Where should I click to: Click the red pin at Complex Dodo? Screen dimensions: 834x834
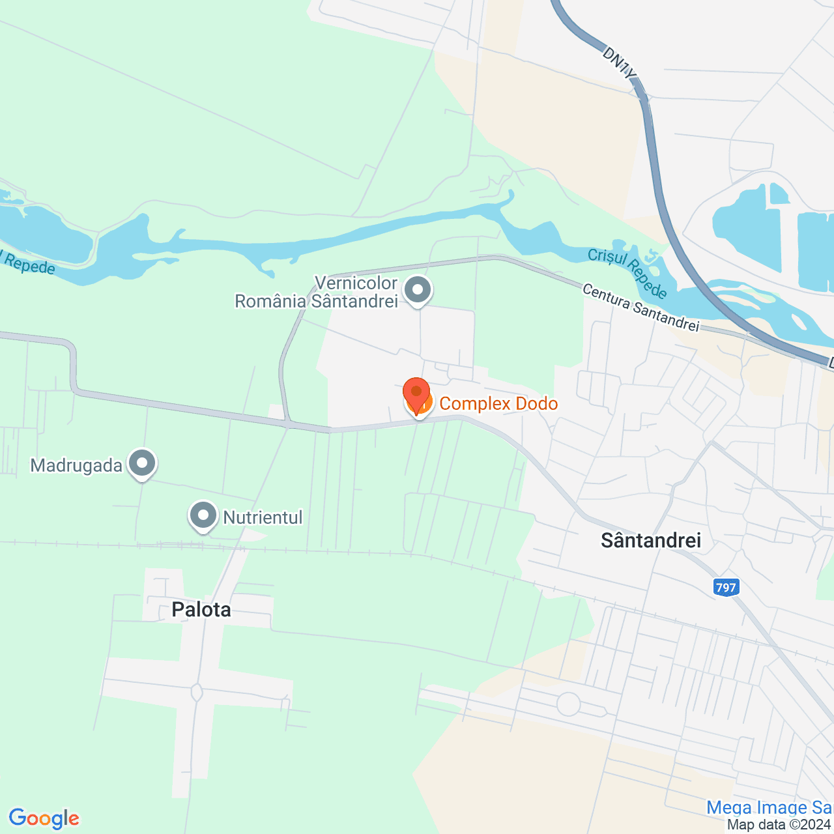tap(416, 394)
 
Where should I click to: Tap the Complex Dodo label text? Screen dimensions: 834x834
tap(498, 404)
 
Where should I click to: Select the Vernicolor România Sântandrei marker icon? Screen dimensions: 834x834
tap(418, 290)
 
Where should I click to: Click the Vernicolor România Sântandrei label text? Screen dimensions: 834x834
tap(317, 293)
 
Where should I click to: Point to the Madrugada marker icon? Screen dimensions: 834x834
tap(142, 464)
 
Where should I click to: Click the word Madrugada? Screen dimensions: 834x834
tap(76, 466)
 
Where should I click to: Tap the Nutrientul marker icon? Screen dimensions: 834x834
tap(203, 516)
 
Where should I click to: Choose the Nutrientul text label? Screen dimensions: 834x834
tap(263, 518)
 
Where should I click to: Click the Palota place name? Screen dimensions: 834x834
tap(201, 610)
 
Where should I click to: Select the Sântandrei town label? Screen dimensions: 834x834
tap(651, 540)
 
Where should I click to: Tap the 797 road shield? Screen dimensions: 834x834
tap(725, 588)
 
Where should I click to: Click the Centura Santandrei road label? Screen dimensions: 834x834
tap(640, 307)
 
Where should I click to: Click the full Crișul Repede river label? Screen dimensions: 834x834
tap(627, 272)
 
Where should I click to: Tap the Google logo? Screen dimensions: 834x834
tap(44, 818)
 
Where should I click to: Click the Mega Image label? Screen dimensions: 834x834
tap(769, 808)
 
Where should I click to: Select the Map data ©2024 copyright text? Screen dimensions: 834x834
tap(779, 825)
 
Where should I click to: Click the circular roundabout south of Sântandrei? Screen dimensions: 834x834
tap(569, 704)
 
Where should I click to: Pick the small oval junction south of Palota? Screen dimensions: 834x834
tap(197, 692)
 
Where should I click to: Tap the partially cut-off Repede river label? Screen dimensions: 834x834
tap(27, 263)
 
